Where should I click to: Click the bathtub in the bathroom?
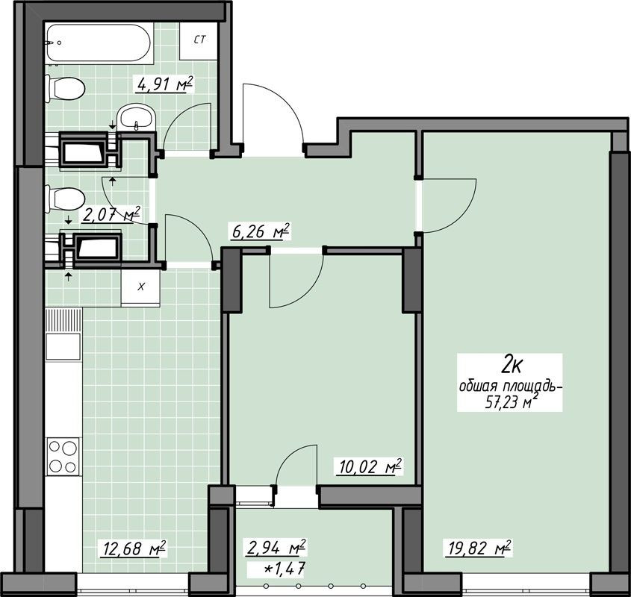coord(99,43)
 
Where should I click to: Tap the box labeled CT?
coord(199,40)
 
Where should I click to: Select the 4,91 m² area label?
coord(165,84)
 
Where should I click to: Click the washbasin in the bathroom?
coord(137,116)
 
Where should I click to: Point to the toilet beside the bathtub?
coord(65,89)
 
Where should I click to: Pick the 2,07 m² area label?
coord(111,214)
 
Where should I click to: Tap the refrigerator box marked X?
coord(141,287)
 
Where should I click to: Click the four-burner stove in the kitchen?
coord(63,456)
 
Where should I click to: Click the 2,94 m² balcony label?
coord(276,547)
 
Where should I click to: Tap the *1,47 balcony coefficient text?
coord(283,569)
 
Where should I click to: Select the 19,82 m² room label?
coord(478,548)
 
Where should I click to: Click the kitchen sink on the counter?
coord(63,346)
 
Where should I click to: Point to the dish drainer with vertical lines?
coord(63,321)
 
